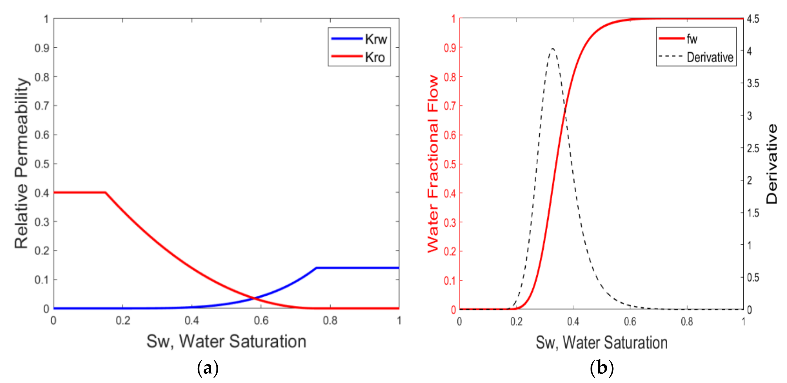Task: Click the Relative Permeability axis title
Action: coord(22,163)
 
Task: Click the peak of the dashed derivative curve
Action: coord(553,49)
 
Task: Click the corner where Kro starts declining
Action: coord(106,193)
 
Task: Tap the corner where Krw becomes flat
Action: coord(317,268)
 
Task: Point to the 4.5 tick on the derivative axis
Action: coord(753,19)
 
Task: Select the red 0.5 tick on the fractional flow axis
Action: coord(450,164)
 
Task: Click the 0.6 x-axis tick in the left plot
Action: coord(261,321)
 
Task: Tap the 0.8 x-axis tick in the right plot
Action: coord(687,322)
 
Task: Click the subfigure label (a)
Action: coord(208,368)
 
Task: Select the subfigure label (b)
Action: coord(602,368)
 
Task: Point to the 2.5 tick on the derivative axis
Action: coord(753,148)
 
